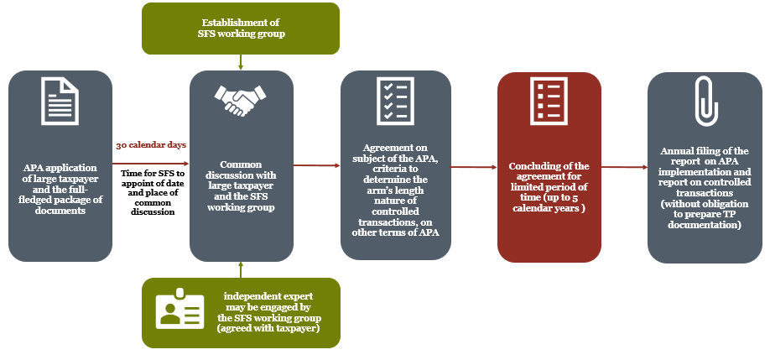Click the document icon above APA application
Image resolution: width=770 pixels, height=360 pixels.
tap(60, 102)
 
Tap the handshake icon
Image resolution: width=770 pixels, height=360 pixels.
tap(240, 100)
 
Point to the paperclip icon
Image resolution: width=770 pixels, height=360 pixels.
tap(705, 101)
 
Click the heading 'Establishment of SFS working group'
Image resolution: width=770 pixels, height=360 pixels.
tap(240, 29)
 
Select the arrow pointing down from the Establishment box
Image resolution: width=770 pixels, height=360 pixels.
tap(241, 62)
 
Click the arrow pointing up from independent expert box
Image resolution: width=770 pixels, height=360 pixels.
tap(241, 269)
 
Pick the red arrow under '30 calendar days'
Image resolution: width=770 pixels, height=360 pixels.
tap(151, 164)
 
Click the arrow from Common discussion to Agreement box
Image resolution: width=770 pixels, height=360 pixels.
tap(317, 165)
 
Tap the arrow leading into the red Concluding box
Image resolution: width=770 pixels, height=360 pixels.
tap(474, 168)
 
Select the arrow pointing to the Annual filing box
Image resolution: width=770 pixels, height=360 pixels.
tap(624, 168)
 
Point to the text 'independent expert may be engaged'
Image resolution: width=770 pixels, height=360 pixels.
tap(268, 302)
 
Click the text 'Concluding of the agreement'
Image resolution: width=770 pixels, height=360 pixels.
tap(549, 171)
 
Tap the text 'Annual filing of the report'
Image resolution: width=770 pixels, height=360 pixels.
tap(705, 156)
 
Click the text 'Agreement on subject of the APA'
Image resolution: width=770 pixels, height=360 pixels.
tap(395, 158)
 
